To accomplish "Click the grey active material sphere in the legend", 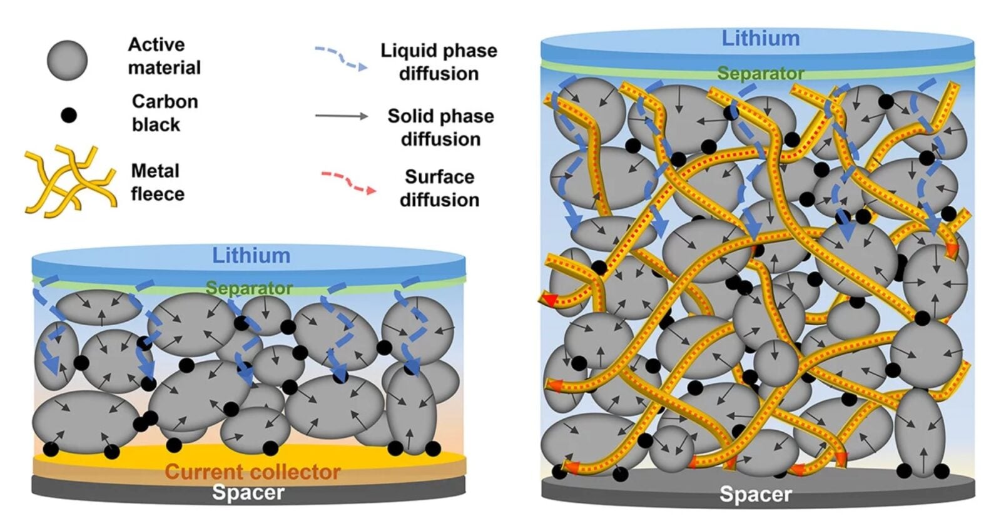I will click(67, 61).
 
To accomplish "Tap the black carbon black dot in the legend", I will click(68, 115).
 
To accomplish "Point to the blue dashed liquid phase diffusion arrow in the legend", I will click(341, 58).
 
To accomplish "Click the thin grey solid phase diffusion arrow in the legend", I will click(342, 116).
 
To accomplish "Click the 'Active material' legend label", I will click(164, 56).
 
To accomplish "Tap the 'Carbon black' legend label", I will click(165, 113).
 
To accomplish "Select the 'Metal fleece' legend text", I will click(157, 182).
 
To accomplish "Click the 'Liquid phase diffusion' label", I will click(439, 61).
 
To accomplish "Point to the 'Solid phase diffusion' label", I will click(440, 127).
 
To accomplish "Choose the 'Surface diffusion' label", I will click(439, 188).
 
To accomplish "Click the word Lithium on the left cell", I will click(251, 255).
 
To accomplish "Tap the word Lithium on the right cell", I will click(760, 38).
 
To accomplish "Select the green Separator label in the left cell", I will click(249, 288).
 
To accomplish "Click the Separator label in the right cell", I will click(760, 74).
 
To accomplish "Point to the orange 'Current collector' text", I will click(252, 472).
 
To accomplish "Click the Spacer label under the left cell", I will click(248, 492).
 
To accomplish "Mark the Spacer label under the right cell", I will click(755, 494).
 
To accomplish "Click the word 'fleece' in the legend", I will click(158, 194).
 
